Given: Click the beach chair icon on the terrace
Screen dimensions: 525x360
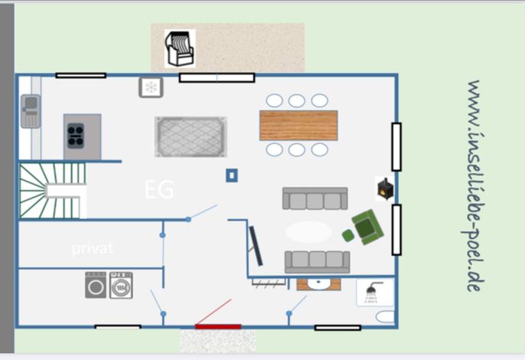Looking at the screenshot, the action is point(180,48).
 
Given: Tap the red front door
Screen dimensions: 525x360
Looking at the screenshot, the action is point(218,326).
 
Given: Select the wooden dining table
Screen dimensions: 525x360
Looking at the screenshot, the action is point(298,125).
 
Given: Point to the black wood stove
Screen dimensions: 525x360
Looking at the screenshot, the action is point(385,189).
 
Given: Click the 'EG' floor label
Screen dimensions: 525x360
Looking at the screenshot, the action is point(159,190).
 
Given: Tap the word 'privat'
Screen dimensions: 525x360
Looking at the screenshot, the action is point(93,248).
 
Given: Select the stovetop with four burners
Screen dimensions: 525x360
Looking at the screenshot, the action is point(76,136).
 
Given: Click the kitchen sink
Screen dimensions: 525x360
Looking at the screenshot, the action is point(31,111).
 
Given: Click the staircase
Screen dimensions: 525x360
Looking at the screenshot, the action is point(53,191).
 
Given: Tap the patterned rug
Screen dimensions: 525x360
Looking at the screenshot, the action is point(191,137).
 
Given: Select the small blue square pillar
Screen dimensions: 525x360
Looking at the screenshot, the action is point(232,175).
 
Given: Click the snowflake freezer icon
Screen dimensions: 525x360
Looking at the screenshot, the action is point(151,87).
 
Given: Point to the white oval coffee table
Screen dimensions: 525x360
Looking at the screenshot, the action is point(308,231).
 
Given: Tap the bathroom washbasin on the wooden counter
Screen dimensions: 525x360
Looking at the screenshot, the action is point(318,284).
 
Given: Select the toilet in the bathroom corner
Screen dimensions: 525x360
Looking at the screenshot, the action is point(385,317).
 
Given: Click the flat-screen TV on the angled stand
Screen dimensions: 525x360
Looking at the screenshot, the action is point(256,246).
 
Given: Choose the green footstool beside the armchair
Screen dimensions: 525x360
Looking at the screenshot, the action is point(348,236).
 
